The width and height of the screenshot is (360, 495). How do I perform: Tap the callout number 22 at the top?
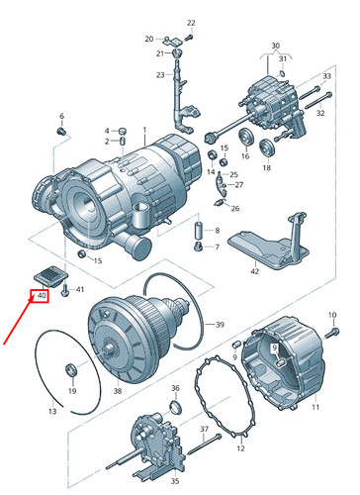tap(191, 22)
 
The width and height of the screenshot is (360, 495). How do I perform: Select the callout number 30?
tap(276, 46)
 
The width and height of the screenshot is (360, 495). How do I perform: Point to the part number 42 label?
tap(254, 271)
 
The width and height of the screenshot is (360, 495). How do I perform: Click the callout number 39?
tap(221, 325)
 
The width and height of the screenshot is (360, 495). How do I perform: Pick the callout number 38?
tap(118, 392)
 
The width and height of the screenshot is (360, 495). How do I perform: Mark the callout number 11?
tap(315, 407)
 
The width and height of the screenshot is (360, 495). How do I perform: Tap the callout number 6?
tap(60, 116)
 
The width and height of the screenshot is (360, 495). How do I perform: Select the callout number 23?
tap(158, 75)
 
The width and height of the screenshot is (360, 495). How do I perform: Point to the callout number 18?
tap(266, 169)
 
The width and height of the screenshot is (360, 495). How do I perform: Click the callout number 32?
tap(320, 114)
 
